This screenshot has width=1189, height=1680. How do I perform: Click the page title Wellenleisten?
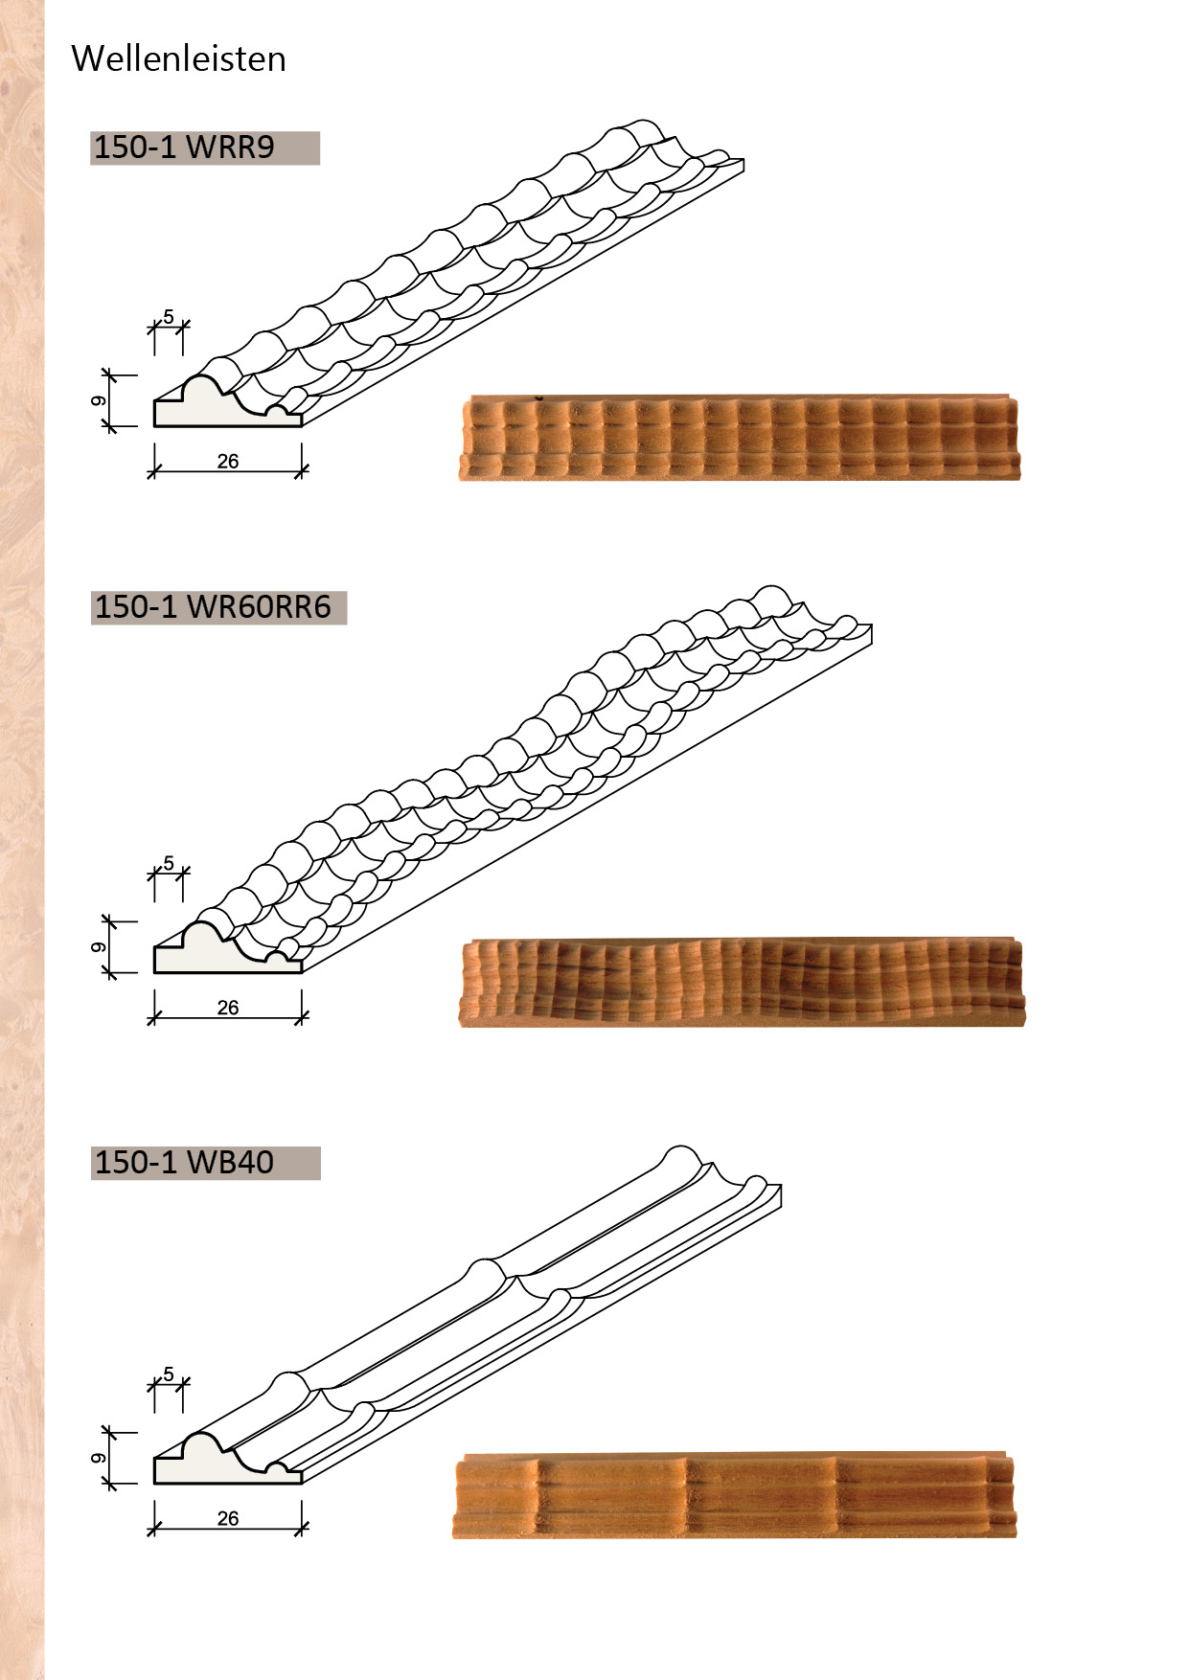[178, 58]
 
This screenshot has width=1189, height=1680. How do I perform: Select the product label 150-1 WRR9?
[184, 148]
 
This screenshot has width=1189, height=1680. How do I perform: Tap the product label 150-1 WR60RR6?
[213, 607]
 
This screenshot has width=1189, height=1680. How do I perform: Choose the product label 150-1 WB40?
[184, 1163]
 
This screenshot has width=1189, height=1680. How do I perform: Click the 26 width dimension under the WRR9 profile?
[228, 462]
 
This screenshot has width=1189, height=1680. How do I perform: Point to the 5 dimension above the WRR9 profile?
[169, 317]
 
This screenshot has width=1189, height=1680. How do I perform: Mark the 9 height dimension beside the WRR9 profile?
[99, 400]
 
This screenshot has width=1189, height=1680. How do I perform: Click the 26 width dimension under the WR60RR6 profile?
[228, 1008]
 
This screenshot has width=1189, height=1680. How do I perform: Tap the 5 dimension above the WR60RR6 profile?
[169, 863]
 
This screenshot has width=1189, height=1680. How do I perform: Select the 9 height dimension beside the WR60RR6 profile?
[99, 947]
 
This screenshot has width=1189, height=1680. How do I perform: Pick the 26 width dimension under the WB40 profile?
[228, 1518]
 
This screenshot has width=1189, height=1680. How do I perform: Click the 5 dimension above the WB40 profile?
[169, 1374]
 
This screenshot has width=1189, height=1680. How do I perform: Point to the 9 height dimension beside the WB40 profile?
[99, 1458]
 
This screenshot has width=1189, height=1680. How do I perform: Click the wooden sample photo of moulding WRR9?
[740, 437]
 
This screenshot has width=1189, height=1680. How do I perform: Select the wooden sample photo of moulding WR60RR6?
[742, 982]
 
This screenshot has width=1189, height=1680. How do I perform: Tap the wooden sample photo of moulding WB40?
[734, 1495]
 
